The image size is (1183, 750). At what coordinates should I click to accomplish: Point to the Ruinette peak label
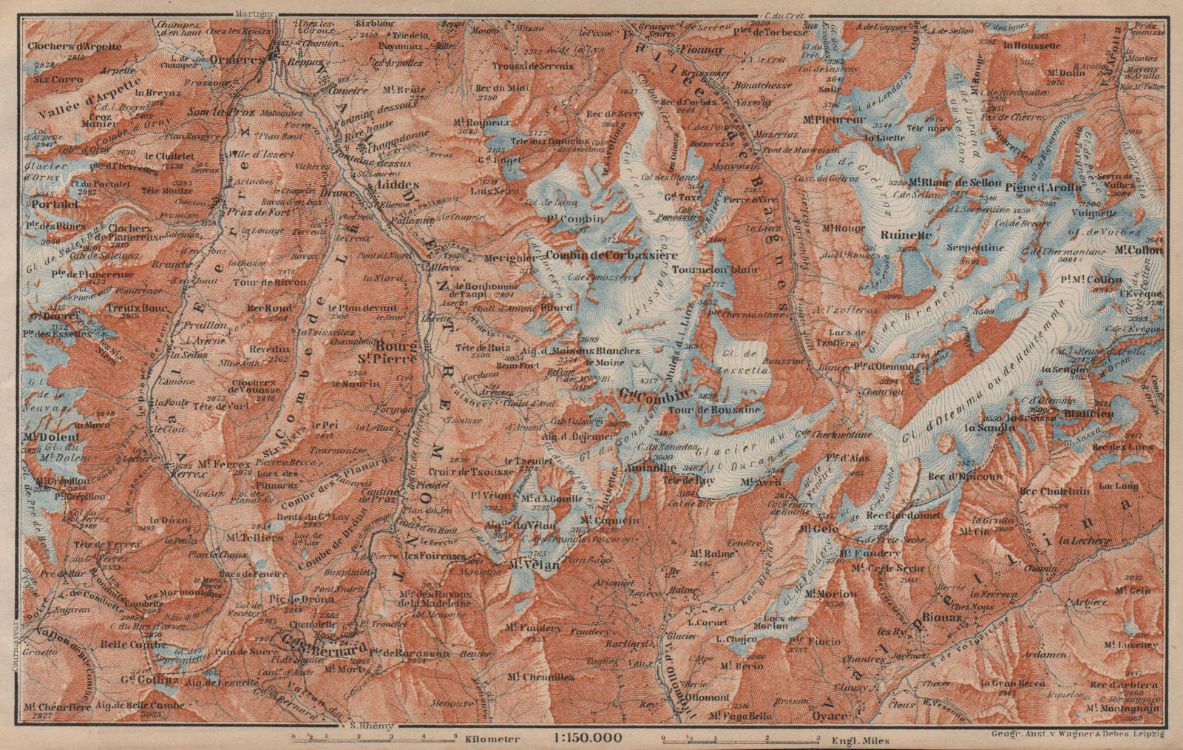pyautogui.click(x=905, y=237)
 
